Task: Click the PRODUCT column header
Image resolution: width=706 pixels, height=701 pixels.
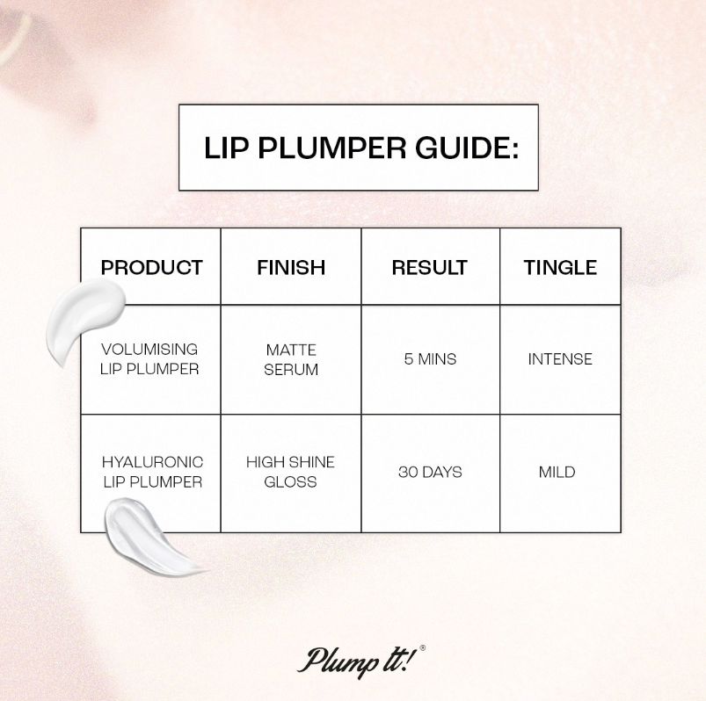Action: coord(152,267)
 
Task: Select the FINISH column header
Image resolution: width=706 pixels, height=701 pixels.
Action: coord(291,267)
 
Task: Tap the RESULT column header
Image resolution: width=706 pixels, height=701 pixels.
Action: coord(430,267)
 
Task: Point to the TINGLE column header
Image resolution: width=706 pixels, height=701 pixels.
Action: coord(560,267)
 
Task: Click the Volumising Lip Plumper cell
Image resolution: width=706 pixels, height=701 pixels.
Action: coord(149,359)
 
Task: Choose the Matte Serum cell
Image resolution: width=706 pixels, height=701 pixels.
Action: coord(291,359)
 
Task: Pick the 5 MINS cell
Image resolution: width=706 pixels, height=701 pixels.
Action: coord(430,359)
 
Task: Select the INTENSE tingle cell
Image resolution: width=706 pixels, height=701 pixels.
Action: coord(560,359)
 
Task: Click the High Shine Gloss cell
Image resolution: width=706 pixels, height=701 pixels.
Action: coord(290,472)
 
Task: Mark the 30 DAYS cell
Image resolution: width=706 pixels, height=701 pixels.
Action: coord(430,472)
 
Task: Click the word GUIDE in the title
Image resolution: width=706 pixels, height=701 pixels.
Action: coord(467,147)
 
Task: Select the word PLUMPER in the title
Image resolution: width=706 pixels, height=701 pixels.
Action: coord(331,147)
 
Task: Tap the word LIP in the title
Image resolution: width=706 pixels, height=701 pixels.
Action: coord(226,147)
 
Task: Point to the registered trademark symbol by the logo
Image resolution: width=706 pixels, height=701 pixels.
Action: coord(422,648)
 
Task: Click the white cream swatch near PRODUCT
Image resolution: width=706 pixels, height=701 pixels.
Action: coord(84,320)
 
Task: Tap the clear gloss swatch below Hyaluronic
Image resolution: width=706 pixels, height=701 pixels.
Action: coord(151,537)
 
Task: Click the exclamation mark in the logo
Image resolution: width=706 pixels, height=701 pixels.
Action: coord(408,658)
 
